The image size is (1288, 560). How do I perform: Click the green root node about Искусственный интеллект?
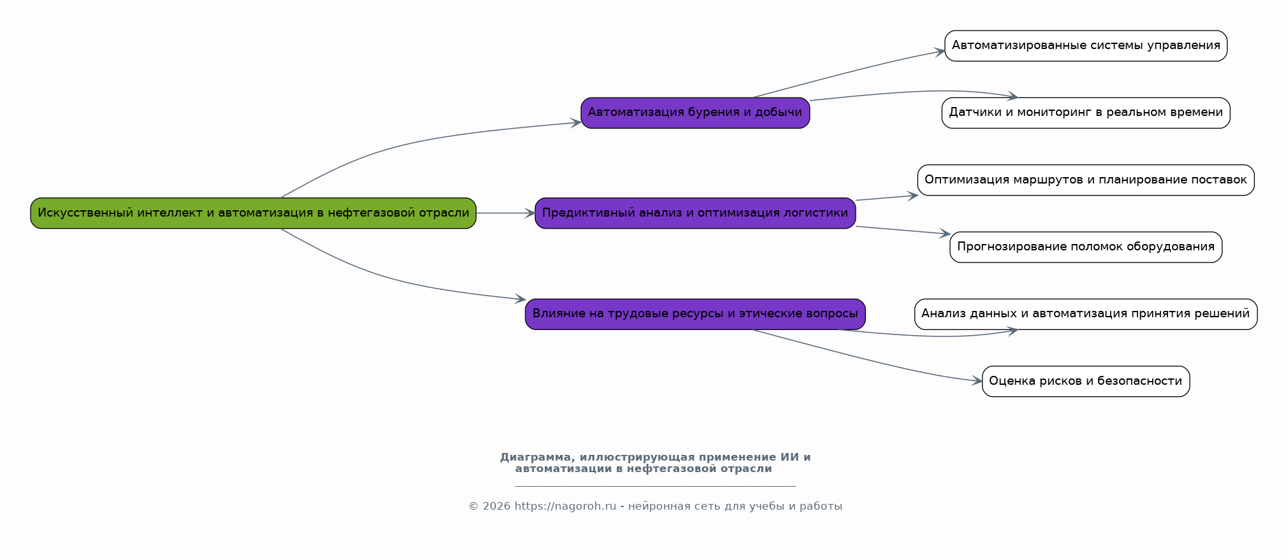253,213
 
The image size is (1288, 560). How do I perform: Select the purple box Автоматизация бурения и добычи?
695,113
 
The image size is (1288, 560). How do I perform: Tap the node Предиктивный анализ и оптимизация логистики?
695,213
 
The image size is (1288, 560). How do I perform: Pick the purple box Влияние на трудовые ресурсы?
695,313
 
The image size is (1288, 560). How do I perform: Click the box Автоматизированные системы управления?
1085,46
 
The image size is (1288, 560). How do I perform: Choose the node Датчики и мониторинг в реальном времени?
1085,113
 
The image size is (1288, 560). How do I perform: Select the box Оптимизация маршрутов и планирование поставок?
1085,180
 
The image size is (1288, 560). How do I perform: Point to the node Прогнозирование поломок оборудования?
1085,247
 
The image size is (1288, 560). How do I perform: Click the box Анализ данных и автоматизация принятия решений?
1085,313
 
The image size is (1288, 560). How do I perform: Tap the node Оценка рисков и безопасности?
1085,381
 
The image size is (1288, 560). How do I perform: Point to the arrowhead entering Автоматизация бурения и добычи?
576,122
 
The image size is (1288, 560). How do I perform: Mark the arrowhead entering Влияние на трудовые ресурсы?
521,299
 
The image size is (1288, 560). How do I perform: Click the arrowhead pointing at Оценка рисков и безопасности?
977,382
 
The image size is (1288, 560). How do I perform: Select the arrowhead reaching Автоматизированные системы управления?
940,51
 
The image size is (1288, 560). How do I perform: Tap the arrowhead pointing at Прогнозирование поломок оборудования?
946,234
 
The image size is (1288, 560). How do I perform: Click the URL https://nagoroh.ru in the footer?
565,506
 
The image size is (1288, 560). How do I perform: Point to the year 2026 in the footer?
496,506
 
